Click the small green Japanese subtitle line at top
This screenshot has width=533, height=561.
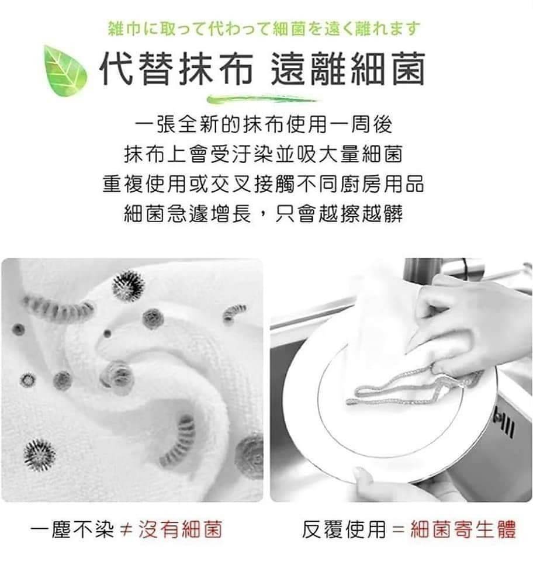[265, 27]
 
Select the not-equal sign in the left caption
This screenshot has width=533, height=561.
[123, 531]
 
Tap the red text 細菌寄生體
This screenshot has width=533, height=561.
[463, 530]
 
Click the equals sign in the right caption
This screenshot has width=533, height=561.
[397, 531]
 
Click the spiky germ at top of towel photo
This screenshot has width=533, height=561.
[128, 285]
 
